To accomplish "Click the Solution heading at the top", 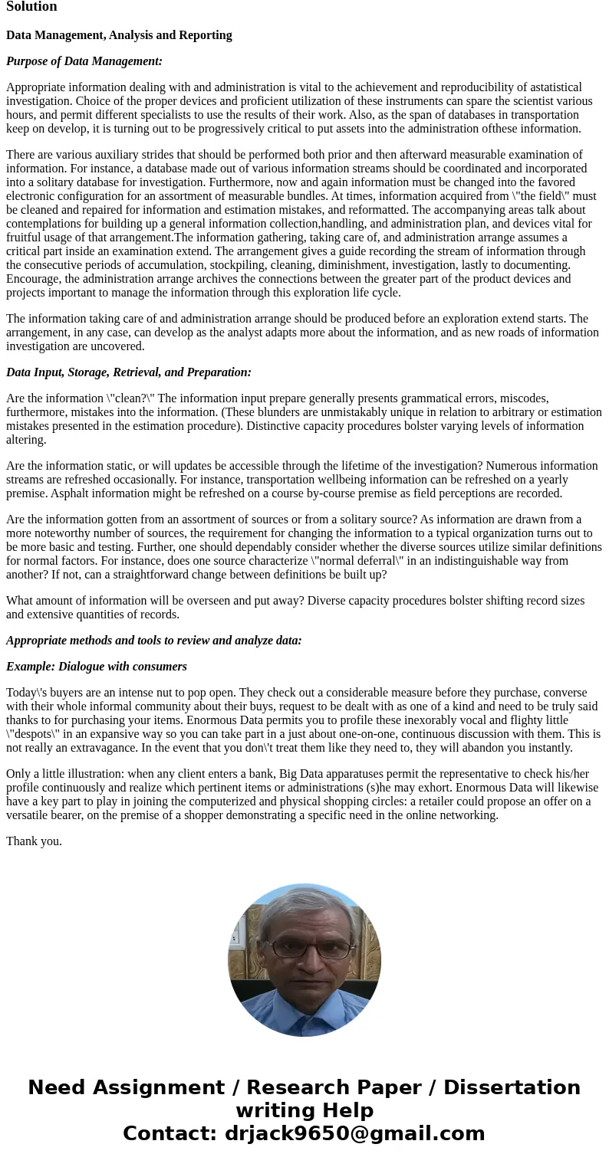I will pyautogui.click(x=31, y=7).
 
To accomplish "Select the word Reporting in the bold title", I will pyautogui.click(x=205, y=35).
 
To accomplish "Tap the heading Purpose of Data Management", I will pyautogui.click(x=84, y=61).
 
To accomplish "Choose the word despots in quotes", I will pyautogui.click(x=34, y=734).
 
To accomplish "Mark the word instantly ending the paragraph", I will pyautogui.click(x=545, y=748).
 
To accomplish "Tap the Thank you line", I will pyautogui.click(x=34, y=841).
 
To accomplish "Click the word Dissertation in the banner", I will pyautogui.click(x=512, y=1088).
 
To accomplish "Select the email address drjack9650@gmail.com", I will pyautogui.click(x=354, y=1134).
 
